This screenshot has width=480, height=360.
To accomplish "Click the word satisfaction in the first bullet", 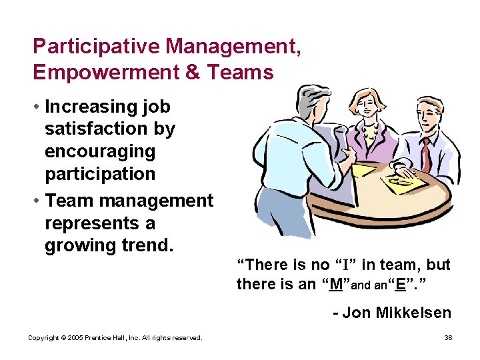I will point(110,129).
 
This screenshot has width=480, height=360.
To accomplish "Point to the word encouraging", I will point(99,151).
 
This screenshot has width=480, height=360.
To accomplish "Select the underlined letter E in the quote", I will point(401,284).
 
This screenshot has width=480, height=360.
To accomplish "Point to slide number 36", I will point(448,338).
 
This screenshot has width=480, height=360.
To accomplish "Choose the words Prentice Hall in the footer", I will point(106,338).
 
